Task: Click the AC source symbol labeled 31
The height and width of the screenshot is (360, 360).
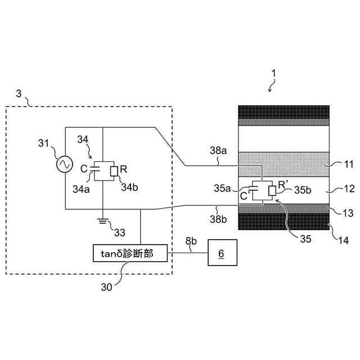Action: point(64,164)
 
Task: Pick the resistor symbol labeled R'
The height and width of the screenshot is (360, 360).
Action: point(272,191)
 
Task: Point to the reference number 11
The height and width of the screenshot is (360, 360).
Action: point(349,165)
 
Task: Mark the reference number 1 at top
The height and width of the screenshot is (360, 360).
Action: point(274,74)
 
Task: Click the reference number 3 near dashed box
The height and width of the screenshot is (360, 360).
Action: point(19,94)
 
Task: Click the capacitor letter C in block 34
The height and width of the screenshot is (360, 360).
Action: point(84,168)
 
